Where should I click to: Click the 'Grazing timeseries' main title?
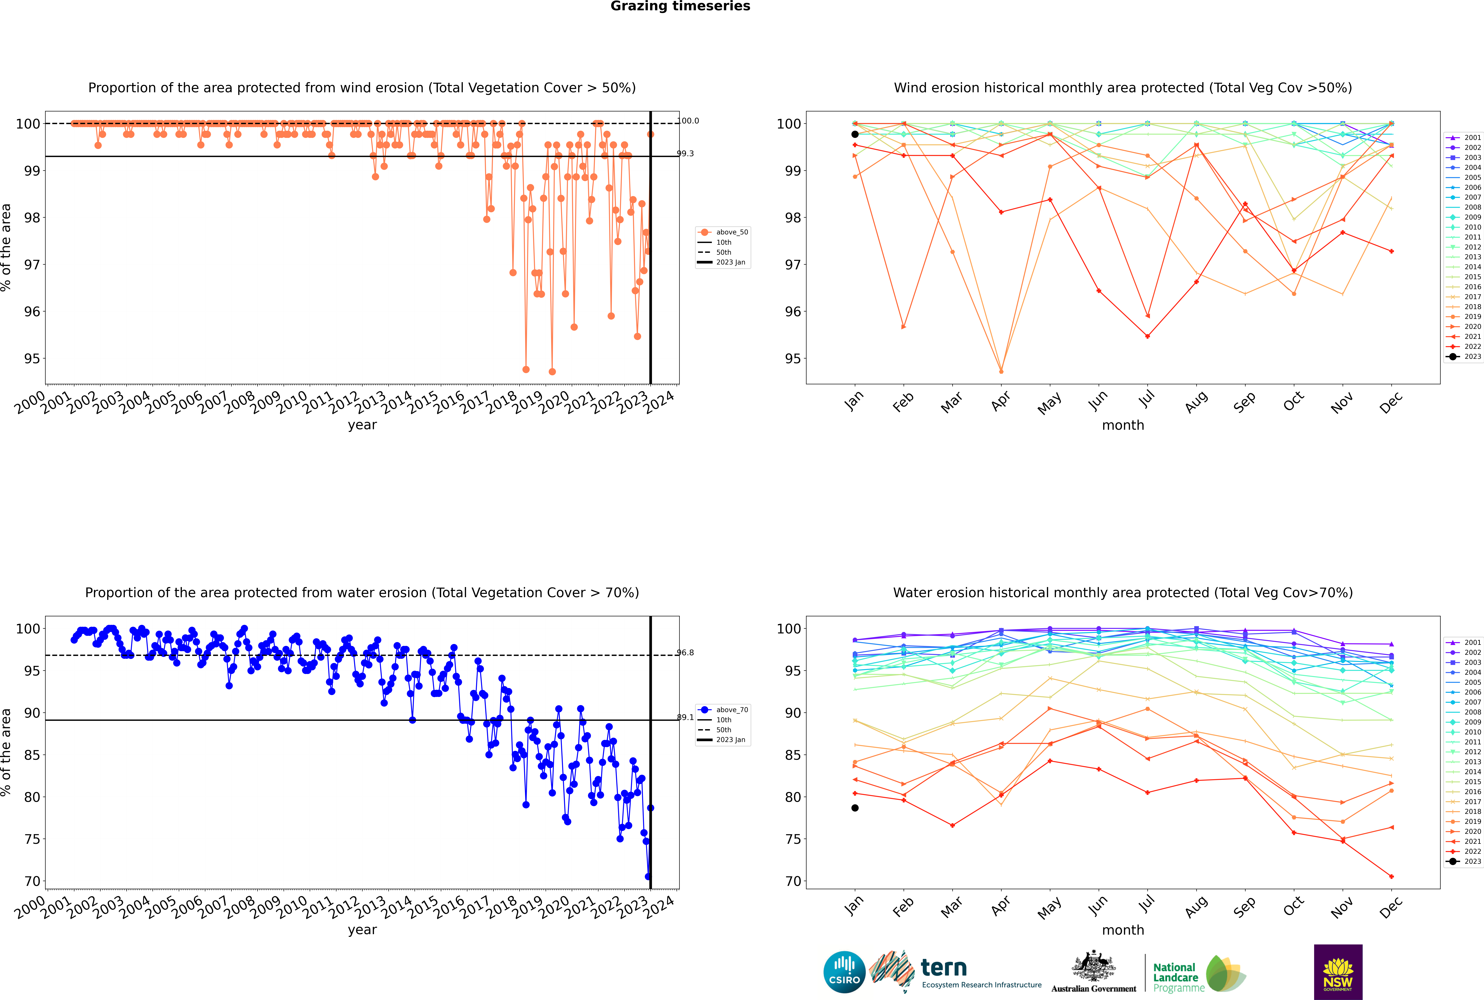tap(680, 6)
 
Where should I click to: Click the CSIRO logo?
tap(844, 972)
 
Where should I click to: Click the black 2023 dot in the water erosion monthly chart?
tap(855, 808)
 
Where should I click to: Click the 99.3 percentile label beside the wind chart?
tap(685, 154)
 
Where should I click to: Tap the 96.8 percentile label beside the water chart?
tap(685, 652)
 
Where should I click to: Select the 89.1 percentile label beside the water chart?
tap(685, 717)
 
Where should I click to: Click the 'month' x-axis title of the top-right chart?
tap(1123, 425)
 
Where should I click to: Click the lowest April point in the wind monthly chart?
tap(1001, 371)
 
